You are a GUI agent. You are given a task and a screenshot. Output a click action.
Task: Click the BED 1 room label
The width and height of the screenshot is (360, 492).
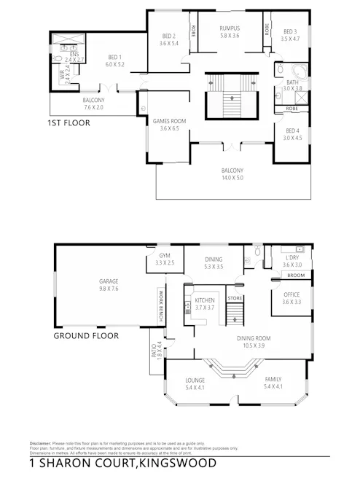[115, 58]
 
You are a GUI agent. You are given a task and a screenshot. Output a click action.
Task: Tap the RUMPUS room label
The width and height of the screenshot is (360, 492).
[230, 28]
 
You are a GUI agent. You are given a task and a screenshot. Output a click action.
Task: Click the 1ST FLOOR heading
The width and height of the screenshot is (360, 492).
[69, 124]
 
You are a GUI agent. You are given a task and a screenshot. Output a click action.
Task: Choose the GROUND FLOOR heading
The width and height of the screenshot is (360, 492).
[86, 337]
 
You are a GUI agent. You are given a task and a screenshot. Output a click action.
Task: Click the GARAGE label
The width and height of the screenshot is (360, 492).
[109, 281]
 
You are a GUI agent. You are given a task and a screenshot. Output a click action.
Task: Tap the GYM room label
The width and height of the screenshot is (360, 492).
[164, 255]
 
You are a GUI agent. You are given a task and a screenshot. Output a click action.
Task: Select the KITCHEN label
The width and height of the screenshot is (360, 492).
[204, 300]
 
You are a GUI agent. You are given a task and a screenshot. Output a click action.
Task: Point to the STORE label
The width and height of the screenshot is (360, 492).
[234, 297]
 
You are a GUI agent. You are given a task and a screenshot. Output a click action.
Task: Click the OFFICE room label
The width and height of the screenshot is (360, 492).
[291, 294]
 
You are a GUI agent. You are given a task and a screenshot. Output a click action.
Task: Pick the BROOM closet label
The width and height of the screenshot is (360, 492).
[295, 276]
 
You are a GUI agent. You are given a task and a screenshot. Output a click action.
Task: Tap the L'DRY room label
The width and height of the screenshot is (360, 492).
[292, 258]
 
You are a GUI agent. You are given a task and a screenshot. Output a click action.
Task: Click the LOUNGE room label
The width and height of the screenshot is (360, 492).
[195, 380]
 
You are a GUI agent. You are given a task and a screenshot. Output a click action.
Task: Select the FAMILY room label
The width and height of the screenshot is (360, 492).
[273, 380]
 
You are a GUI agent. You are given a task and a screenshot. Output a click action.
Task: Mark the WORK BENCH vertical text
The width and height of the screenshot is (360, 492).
[159, 306]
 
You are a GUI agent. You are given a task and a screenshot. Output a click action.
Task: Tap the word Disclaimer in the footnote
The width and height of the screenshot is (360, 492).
[40, 442]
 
